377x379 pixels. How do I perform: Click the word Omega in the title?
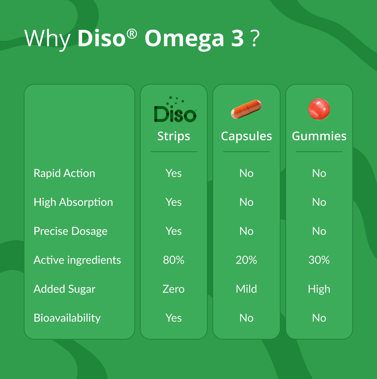coord(184,39)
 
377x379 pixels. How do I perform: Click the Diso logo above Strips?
coord(175,111)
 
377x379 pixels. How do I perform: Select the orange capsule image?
coord(246,109)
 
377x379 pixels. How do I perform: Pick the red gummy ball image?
coord(319,109)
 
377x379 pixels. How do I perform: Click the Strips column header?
coord(173,136)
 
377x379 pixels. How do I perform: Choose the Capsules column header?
coord(246,136)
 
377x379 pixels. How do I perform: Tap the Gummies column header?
coord(319,136)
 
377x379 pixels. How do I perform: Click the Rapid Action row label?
coord(64,173)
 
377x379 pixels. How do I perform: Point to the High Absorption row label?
coord(73,202)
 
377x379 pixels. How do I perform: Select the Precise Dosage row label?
coord(70,231)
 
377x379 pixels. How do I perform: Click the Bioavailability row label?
coord(67,318)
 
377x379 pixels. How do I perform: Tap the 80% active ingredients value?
coord(173,260)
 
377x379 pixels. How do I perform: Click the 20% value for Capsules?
coord(246,260)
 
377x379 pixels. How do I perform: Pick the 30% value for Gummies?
coord(319,260)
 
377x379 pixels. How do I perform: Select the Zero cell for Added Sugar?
coord(173,289)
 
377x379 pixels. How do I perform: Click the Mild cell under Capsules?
coord(246,289)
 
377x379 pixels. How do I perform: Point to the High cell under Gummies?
coord(319,289)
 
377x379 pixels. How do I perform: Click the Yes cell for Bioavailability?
coord(173,318)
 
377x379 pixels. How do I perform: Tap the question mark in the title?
coord(255,39)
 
